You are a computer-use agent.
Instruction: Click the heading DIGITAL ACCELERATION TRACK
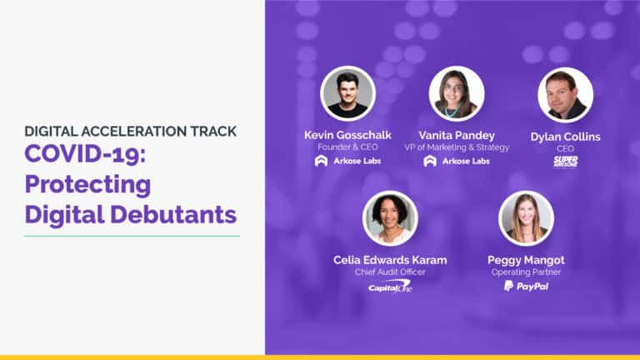tap(130, 131)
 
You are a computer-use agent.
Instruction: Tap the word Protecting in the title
tap(87, 184)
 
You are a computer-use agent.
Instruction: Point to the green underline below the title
tap(132, 236)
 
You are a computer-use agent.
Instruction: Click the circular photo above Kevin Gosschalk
tap(347, 94)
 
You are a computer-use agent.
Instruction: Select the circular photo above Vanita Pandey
tap(456, 94)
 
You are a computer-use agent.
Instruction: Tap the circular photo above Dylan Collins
tap(565, 94)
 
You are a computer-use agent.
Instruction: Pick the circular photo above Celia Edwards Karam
tap(390, 219)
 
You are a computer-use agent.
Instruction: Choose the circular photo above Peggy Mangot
tap(526, 219)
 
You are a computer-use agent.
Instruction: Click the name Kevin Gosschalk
tap(347, 135)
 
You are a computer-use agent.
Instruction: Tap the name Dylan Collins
tap(565, 135)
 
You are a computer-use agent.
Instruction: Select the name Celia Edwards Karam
tap(390, 260)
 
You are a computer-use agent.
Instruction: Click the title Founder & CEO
tap(347, 147)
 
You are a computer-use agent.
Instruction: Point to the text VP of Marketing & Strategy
tap(456, 147)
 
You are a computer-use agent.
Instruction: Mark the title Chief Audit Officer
tap(390, 272)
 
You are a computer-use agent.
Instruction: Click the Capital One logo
tap(390, 287)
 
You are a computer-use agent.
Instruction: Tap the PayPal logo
tap(526, 286)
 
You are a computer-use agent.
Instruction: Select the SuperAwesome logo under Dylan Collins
tap(565, 161)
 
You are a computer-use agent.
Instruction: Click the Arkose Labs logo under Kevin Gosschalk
tap(347, 161)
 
